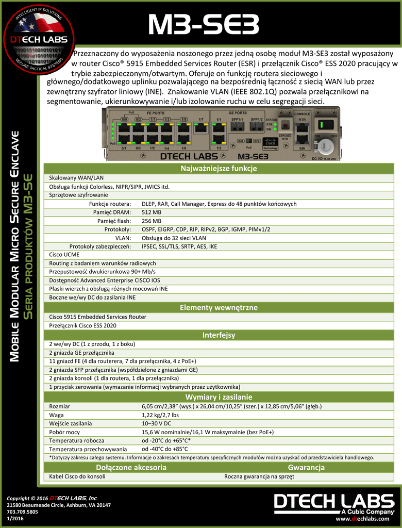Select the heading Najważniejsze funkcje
(x=219, y=169)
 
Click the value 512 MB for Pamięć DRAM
(x=152, y=212)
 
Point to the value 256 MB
(x=152, y=221)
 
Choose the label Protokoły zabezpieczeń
(x=100, y=246)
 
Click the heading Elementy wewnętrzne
(x=219, y=308)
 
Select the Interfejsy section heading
(x=219, y=335)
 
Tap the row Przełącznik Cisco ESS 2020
(x=82, y=325)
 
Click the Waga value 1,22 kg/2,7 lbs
(x=160, y=415)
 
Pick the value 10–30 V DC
(x=156, y=423)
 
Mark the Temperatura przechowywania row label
(x=88, y=449)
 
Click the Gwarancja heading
(x=306, y=468)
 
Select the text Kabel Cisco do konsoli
(x=77, y=476)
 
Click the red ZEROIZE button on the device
(x=285, y=125)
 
